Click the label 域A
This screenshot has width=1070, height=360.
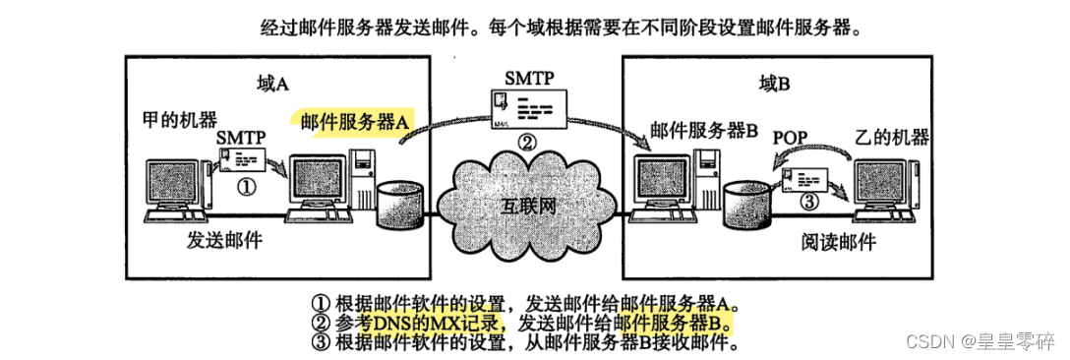(272, 84)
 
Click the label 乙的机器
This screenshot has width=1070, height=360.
(891, 135)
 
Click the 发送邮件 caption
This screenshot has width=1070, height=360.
(225, 240)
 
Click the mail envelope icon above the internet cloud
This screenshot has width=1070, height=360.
(528, 107)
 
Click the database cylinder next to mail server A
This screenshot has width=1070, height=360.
(399, 202)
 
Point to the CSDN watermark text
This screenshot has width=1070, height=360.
(983, 340)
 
